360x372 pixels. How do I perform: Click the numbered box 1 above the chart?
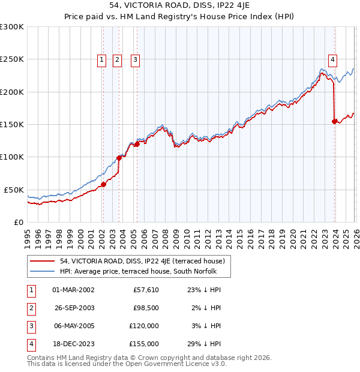coord(102,59)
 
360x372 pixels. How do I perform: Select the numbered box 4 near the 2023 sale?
coord(332,59)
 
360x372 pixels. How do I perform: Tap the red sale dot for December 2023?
coord(334,122)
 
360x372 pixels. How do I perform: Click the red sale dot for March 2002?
coord(103,184)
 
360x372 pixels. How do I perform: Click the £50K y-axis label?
coord(14,190)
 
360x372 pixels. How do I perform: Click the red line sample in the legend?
coord(42,261)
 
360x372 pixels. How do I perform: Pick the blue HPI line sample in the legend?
coord(42,271)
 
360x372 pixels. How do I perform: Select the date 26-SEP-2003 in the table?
coord(73,308)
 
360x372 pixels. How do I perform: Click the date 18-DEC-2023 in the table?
coord(73,344)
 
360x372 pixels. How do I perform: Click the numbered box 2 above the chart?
coord(117,59)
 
